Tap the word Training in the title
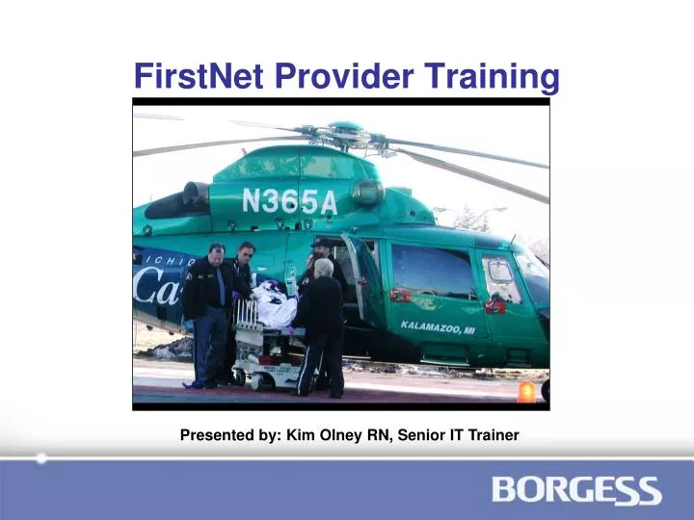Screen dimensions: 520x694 [497, 75]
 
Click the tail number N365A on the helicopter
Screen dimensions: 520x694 [289, 200]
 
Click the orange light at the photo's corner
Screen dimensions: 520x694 [526, 392]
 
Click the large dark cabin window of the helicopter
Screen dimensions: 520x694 [434, 272]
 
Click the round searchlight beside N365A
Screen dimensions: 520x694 [366, 193]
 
